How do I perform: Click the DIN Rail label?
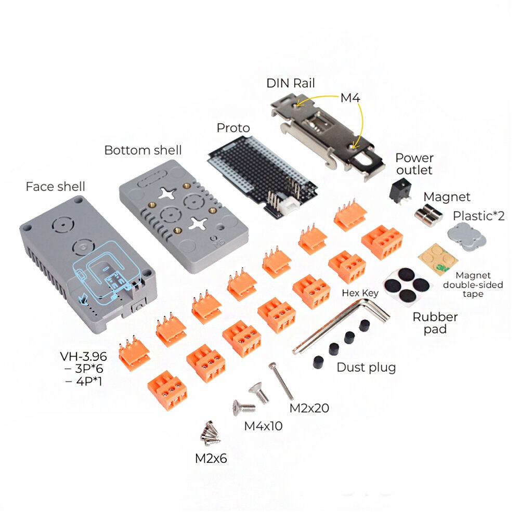point(291,83)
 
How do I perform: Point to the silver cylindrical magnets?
point(429,214)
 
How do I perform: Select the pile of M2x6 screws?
point(210,433)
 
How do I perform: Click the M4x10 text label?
point(263,426)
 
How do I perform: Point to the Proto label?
point(233,128)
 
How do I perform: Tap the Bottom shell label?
point(143,150)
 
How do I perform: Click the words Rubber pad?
point(435,323)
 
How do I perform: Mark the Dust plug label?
point(366,368)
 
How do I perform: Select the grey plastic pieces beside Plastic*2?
point(467,235)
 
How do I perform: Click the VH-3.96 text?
point(83,357)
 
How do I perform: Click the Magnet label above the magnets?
point(447,197)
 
